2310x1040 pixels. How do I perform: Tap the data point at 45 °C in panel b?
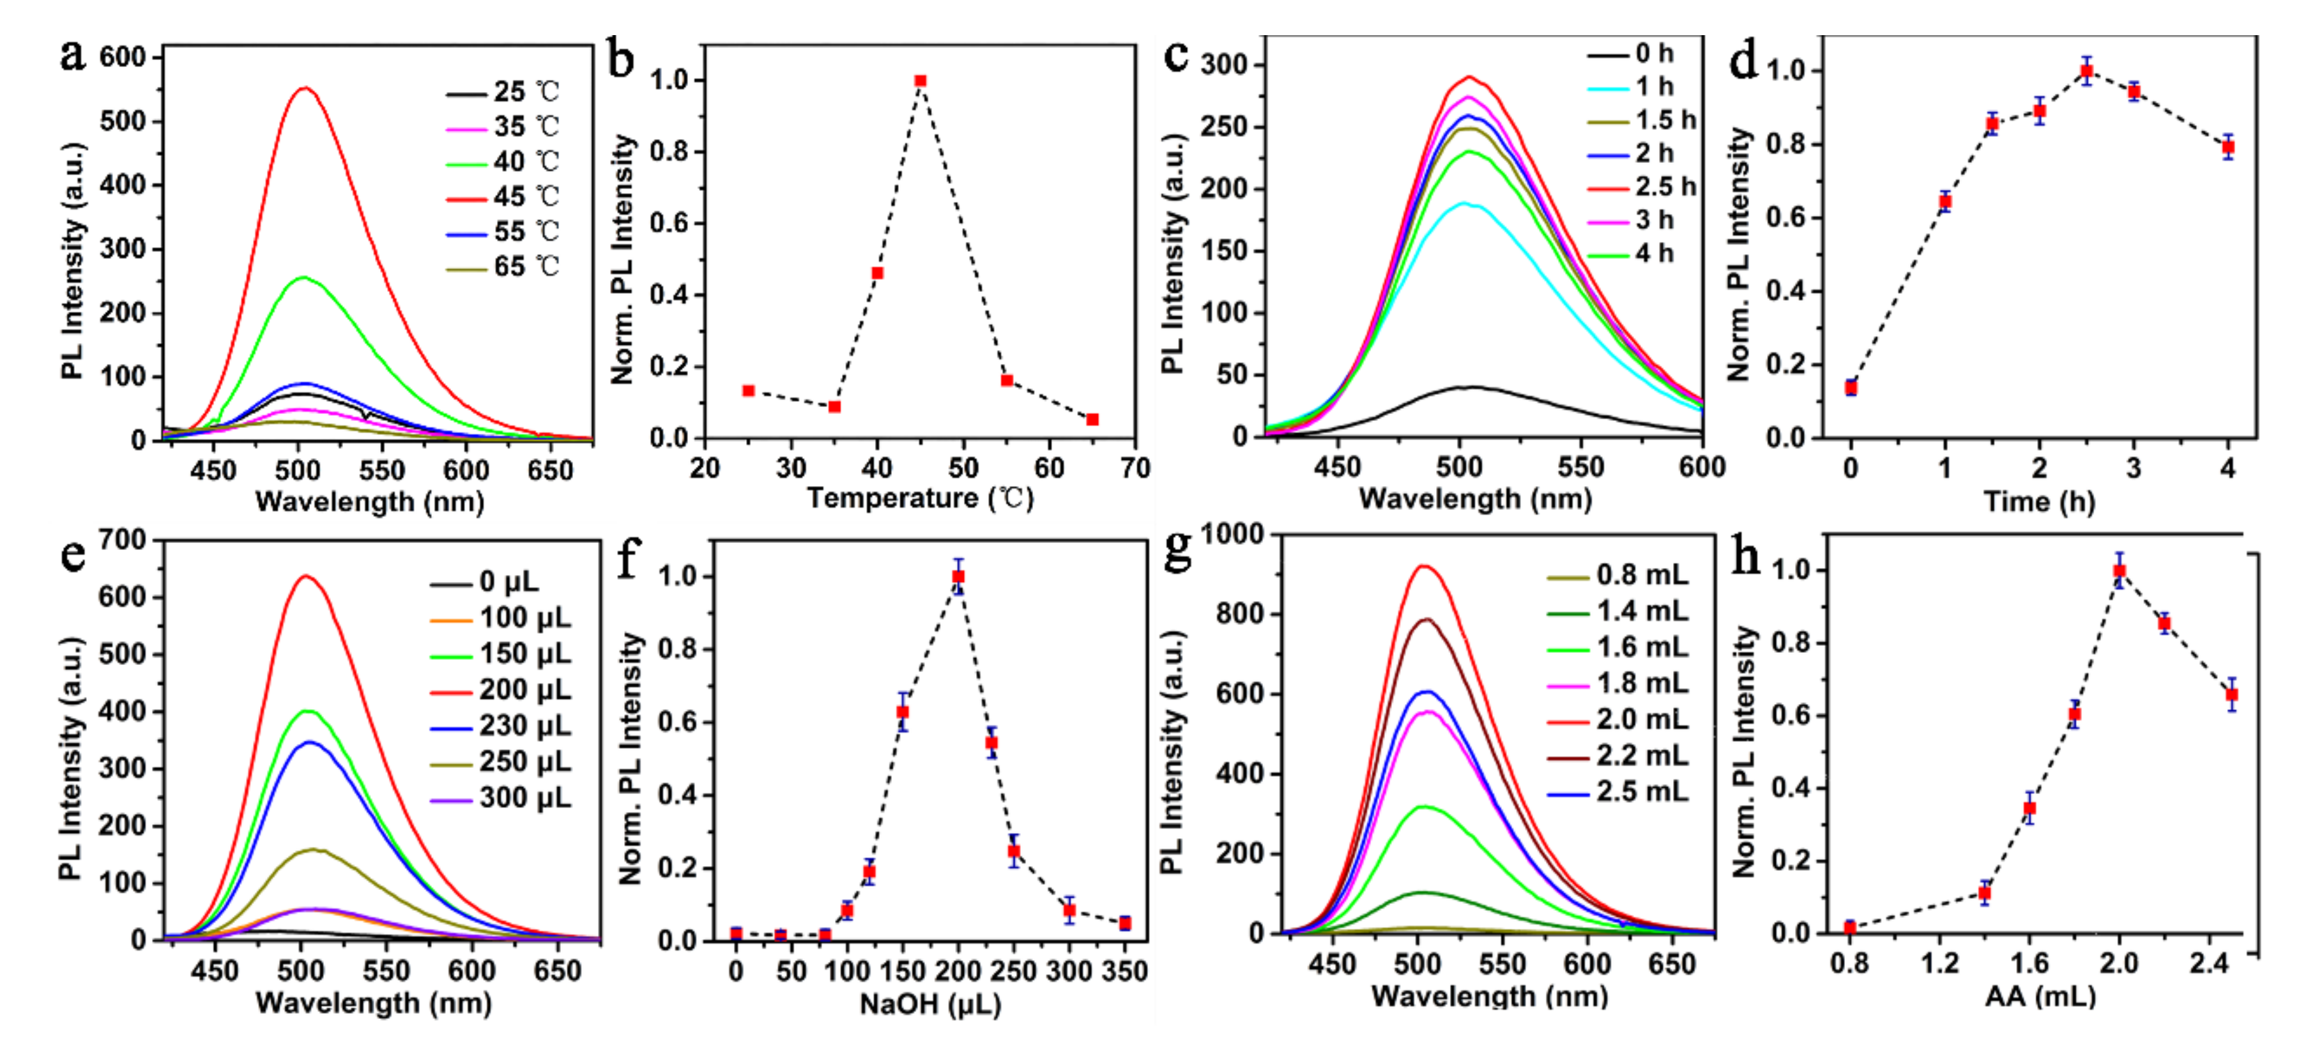click(x=920, y=80)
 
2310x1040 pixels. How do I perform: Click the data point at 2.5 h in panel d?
click(x=2086, y=71)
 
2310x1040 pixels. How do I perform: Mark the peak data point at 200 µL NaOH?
click(x=958, y=576)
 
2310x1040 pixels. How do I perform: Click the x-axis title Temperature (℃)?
click(x=920, y=498)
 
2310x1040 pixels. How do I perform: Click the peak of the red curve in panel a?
click(x=304, y=88)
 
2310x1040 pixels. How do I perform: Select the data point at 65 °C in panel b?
click(x=1092, y=420)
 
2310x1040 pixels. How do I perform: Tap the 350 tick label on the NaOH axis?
click(x=1124, y=971)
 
